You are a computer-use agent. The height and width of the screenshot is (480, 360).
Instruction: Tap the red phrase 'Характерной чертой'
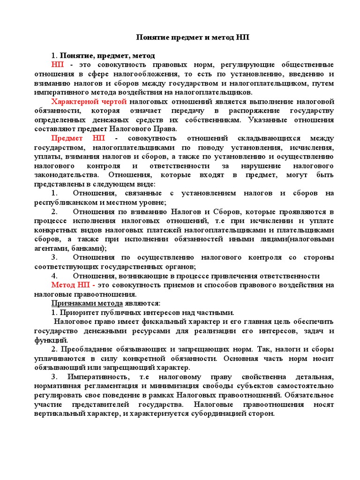click(89, 102)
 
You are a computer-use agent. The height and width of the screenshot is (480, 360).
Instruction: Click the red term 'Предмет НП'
click(78, 138)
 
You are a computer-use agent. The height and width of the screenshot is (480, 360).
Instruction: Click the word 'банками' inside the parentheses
click(89, 248)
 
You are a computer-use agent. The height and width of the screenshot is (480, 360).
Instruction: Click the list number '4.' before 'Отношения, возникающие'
click(54, 276)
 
